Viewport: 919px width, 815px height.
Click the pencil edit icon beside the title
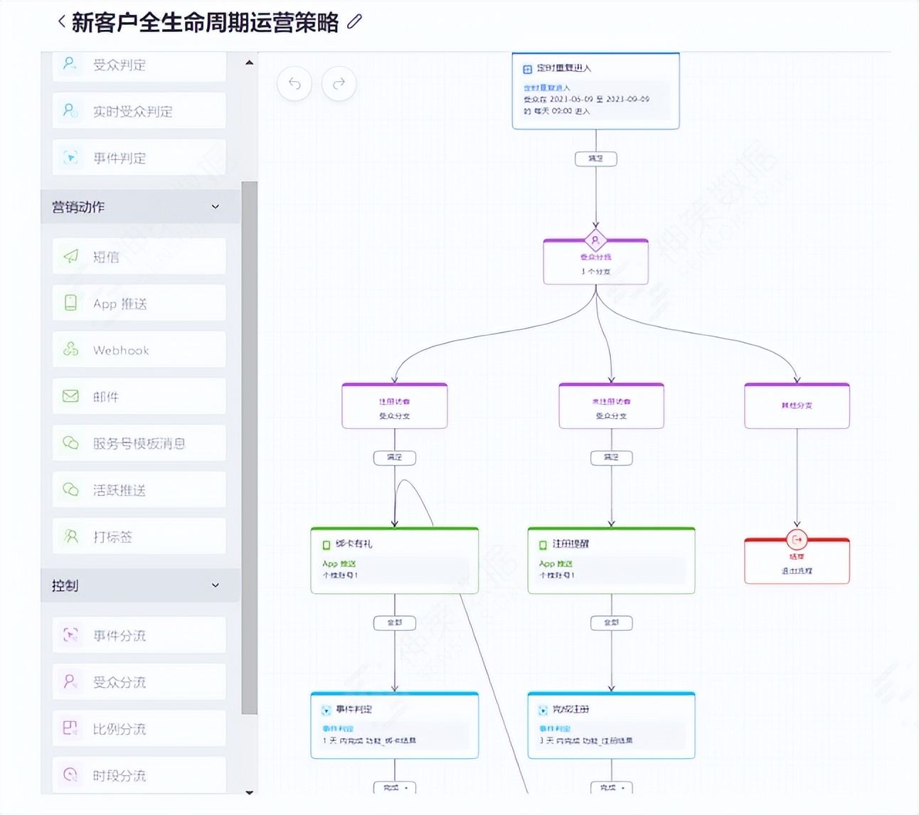(x=354, y=22)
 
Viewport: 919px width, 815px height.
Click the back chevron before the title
(x=62, y=22)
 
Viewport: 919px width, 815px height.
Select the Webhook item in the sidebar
(x=139, y=350)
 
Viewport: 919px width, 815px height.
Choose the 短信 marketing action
(x=139, y=257)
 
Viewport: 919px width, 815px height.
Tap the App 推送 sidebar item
(x=139, y=304)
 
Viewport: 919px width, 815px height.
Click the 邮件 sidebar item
(x=139, y=397)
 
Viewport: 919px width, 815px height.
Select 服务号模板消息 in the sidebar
(x=139, y=444)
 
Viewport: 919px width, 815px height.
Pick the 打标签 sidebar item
(x=139, y=537)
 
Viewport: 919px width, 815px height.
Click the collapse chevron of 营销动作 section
(x=216, y=207)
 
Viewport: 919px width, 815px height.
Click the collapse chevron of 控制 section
(x=216, y=585)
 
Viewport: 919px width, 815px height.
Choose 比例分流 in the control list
(x=139, y=729)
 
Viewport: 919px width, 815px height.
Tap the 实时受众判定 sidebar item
(x=139, y=111)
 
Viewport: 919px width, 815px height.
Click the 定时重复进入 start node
(x=595, y=91)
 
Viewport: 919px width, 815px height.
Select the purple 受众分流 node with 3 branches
(x=595, y=262)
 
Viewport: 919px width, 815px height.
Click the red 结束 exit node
(x=797, y=561)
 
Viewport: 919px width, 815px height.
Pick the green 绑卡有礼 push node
(x=394, y=560)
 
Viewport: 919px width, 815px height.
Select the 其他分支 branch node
(x=797, y=405)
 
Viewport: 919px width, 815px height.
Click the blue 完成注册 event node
(x=611, y=725)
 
